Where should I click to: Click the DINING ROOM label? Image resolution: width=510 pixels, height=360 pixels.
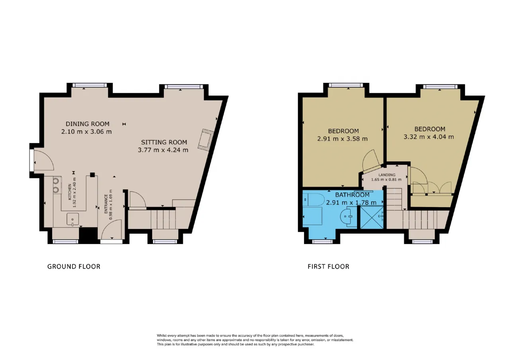[87, 124]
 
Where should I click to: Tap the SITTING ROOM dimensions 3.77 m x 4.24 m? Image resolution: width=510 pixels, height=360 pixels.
[163, 150]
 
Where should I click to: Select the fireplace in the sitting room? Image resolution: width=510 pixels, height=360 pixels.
[206, 140]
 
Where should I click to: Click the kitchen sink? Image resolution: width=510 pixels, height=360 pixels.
[73, 219]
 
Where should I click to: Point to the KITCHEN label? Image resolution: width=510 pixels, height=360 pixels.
[70, 192]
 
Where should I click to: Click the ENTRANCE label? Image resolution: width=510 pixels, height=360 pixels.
[106, 204]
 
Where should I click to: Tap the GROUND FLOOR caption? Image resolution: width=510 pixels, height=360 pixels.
[74, 266]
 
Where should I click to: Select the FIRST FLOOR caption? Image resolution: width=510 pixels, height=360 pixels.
[328, 266]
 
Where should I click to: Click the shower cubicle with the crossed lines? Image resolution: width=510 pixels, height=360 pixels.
[372, 217]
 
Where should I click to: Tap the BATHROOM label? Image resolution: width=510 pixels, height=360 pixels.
[352, 195]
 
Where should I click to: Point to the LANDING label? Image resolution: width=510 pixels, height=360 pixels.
[387, 175]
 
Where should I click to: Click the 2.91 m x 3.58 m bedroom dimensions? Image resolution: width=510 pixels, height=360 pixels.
[342, 139]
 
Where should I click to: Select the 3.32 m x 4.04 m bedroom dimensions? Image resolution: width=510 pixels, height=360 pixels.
[429, 137]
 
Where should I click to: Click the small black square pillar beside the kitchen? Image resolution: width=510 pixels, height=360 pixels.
[92, 175]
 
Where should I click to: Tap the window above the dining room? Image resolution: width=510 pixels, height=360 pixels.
[90, 85]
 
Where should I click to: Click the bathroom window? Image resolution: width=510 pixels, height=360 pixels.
[322, 241]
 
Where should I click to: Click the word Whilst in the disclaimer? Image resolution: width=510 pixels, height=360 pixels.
[162, 335]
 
